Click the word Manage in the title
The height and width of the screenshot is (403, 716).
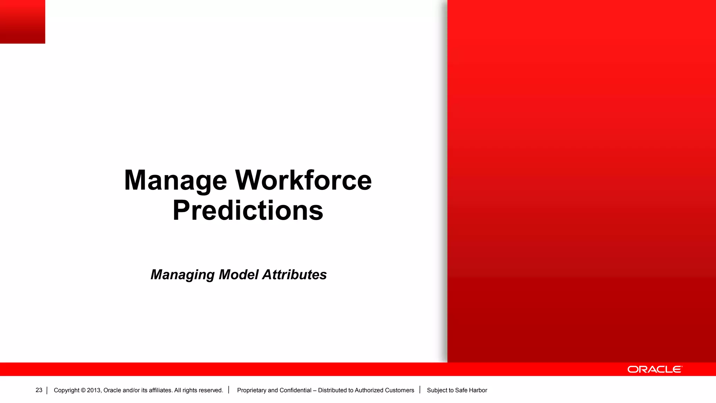pos(176,181)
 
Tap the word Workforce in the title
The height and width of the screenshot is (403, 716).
pos(303,181)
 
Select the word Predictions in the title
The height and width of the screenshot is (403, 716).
pos(248,211)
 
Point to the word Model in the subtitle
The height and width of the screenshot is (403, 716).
pos(239,275)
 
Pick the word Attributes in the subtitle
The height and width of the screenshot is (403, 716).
pos(294,275)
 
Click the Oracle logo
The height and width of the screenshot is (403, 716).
pos(654,369)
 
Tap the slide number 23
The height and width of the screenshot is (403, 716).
pos(39,390)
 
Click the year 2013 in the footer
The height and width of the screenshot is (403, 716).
pos(94,390)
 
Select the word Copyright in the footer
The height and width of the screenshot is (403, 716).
pos(66,390)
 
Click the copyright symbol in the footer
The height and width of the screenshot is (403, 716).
pos(83,390)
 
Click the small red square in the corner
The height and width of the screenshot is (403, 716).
pos(22,22)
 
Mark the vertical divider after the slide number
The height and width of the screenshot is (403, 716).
pos(47,390)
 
